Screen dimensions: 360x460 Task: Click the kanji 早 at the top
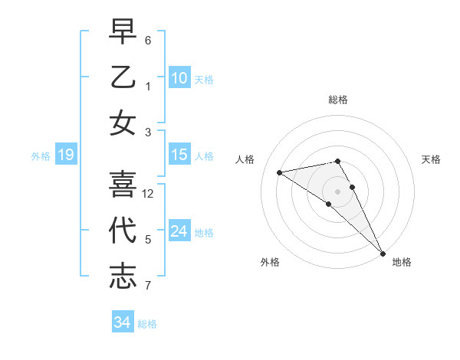coord(123,33)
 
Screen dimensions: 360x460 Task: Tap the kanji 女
coord(123,123)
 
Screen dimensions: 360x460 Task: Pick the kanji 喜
coord(123,184)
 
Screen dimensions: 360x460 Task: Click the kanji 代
coord(123,231)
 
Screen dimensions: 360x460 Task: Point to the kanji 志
coord(123,276)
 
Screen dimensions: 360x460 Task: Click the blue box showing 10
coord(179,77)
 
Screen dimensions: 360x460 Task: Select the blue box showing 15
coord(179,155)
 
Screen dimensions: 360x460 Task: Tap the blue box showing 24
coord(179,231)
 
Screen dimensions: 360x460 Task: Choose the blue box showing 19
coord(66,155)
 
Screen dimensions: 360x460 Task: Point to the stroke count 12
coord(148,194)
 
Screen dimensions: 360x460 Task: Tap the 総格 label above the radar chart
coord(337,100)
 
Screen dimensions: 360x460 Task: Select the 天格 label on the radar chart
coord(431,159)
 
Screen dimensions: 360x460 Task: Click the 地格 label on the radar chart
coord(402,262)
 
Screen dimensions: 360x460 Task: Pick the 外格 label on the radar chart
coord(270,262)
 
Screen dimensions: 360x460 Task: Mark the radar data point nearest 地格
coord(382,252)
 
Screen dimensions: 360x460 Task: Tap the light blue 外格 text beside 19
coord(41,156)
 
